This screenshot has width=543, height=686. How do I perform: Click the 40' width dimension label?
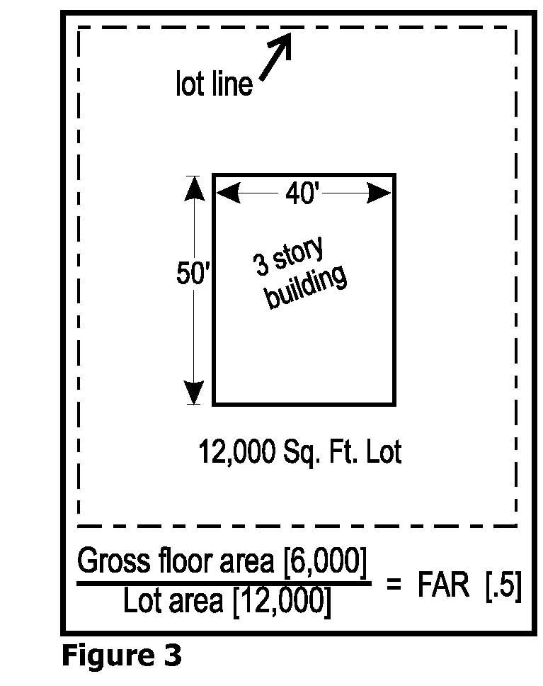coord(302,193)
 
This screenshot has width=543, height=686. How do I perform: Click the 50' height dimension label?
coord(193,274)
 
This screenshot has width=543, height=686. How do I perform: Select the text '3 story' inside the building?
coord(289,256)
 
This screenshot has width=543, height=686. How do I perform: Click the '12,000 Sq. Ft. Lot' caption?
coord(300,452)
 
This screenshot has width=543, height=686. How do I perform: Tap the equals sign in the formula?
coord(394,584)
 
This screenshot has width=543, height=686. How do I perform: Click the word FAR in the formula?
coord(443,585)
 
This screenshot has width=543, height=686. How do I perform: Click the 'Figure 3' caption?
coord(122,656)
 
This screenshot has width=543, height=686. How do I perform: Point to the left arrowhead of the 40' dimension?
coord(228,193)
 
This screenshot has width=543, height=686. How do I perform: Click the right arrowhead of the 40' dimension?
coord(379,193)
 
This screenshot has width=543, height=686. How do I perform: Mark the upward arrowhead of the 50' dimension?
coord(194,189)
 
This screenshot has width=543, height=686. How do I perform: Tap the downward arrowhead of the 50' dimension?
coord(194,393)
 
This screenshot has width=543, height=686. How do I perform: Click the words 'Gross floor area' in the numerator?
coord(176,561)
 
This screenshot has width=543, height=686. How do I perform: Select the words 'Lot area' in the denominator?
coord(173,601)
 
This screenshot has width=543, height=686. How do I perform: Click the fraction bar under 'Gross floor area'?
coord(224,583)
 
